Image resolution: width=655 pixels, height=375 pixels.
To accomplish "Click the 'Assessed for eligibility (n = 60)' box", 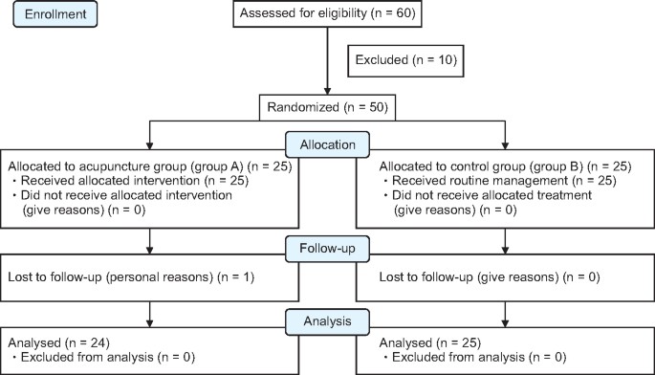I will tap(327, 15).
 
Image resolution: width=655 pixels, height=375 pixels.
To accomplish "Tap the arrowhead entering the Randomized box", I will tap(327, 92).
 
